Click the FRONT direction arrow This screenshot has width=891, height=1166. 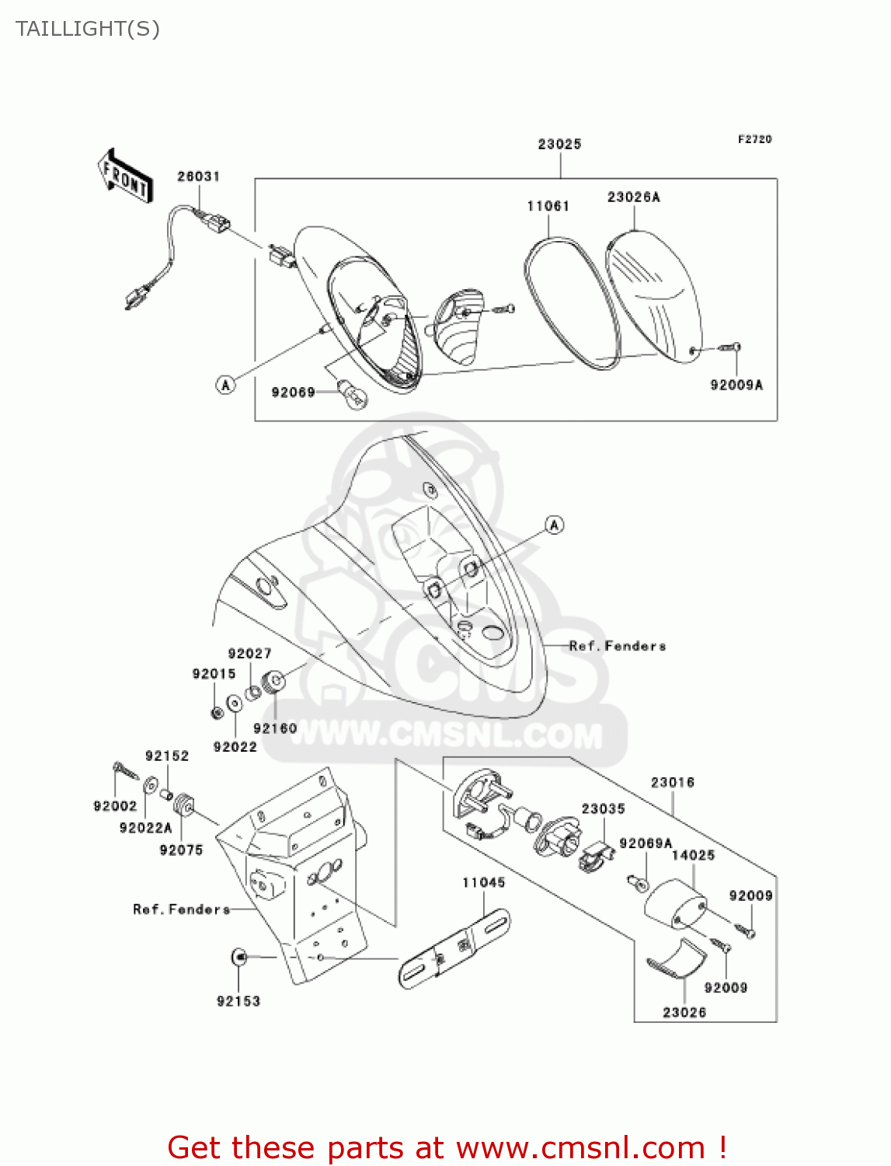[125, 176]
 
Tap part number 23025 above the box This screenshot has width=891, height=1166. [559, 144]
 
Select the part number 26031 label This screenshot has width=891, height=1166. [198, 176]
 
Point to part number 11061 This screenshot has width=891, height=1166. [548, 206]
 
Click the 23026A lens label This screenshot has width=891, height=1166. [634, 197]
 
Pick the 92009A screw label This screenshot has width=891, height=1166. [736, 385]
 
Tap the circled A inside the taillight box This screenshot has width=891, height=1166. [225, 385]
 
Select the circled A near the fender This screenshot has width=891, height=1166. [555, 525]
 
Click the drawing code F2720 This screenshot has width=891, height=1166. [754, 139]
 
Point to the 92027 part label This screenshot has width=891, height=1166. [249, 654]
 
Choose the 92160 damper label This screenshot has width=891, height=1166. [275, 728]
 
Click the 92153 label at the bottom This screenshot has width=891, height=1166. [238, 1000]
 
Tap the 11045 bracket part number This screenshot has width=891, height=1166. [483, 882]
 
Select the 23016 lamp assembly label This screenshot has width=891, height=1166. [673, 783]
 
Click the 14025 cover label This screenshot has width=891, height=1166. [693, 855]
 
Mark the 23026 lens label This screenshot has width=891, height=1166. [684, 1013]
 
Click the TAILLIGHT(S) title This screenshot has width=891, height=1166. [88, 29]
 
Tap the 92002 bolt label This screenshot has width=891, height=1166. [115, 806]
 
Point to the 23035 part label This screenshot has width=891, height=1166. [603, 809]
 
